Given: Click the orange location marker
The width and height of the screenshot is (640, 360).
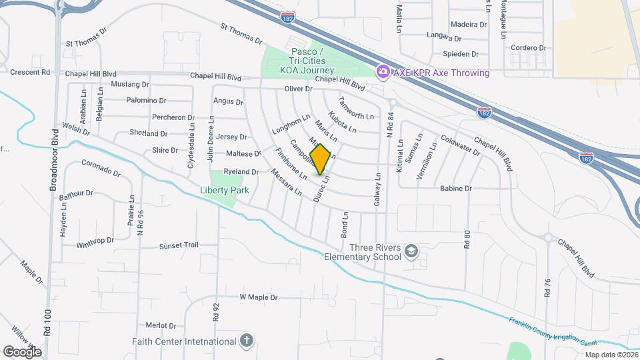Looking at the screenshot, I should point(321,159).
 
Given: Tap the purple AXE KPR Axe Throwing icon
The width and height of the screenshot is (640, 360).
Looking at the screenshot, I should point(383,71).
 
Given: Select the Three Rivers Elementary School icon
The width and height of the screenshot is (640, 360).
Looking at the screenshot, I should point(411,251).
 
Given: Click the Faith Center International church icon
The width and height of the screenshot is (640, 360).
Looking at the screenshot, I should point(247,341).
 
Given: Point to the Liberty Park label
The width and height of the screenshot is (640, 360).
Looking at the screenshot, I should point(224,190).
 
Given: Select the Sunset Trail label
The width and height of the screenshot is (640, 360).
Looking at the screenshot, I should point(179,245).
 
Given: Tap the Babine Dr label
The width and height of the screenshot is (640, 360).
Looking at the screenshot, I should point(455,189).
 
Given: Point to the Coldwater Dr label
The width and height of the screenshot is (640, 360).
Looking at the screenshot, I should point(460,146).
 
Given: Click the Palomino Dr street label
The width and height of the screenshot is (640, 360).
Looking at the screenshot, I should point(147,101).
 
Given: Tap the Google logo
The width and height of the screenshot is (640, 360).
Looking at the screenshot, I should point(21,351).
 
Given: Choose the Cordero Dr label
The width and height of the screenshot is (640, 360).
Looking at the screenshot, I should point(529,48).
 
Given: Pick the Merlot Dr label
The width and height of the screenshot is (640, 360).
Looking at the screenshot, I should point(161,326).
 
